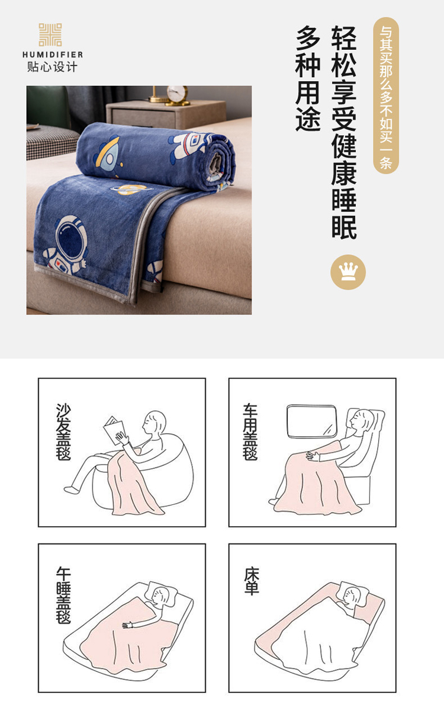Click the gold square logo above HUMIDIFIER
point(50,35)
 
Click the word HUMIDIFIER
point(53,55)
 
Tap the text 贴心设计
point(52,67)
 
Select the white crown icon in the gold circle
point(348,271)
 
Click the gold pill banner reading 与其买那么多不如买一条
point(386,95)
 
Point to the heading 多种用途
point(308,78)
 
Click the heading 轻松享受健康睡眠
point(344,132)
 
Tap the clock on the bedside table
point(177,95)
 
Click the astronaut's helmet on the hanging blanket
point(70,235)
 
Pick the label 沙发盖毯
point(63,431)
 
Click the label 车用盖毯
point(250,431)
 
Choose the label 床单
point(251,581)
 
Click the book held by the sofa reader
point(113,430)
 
